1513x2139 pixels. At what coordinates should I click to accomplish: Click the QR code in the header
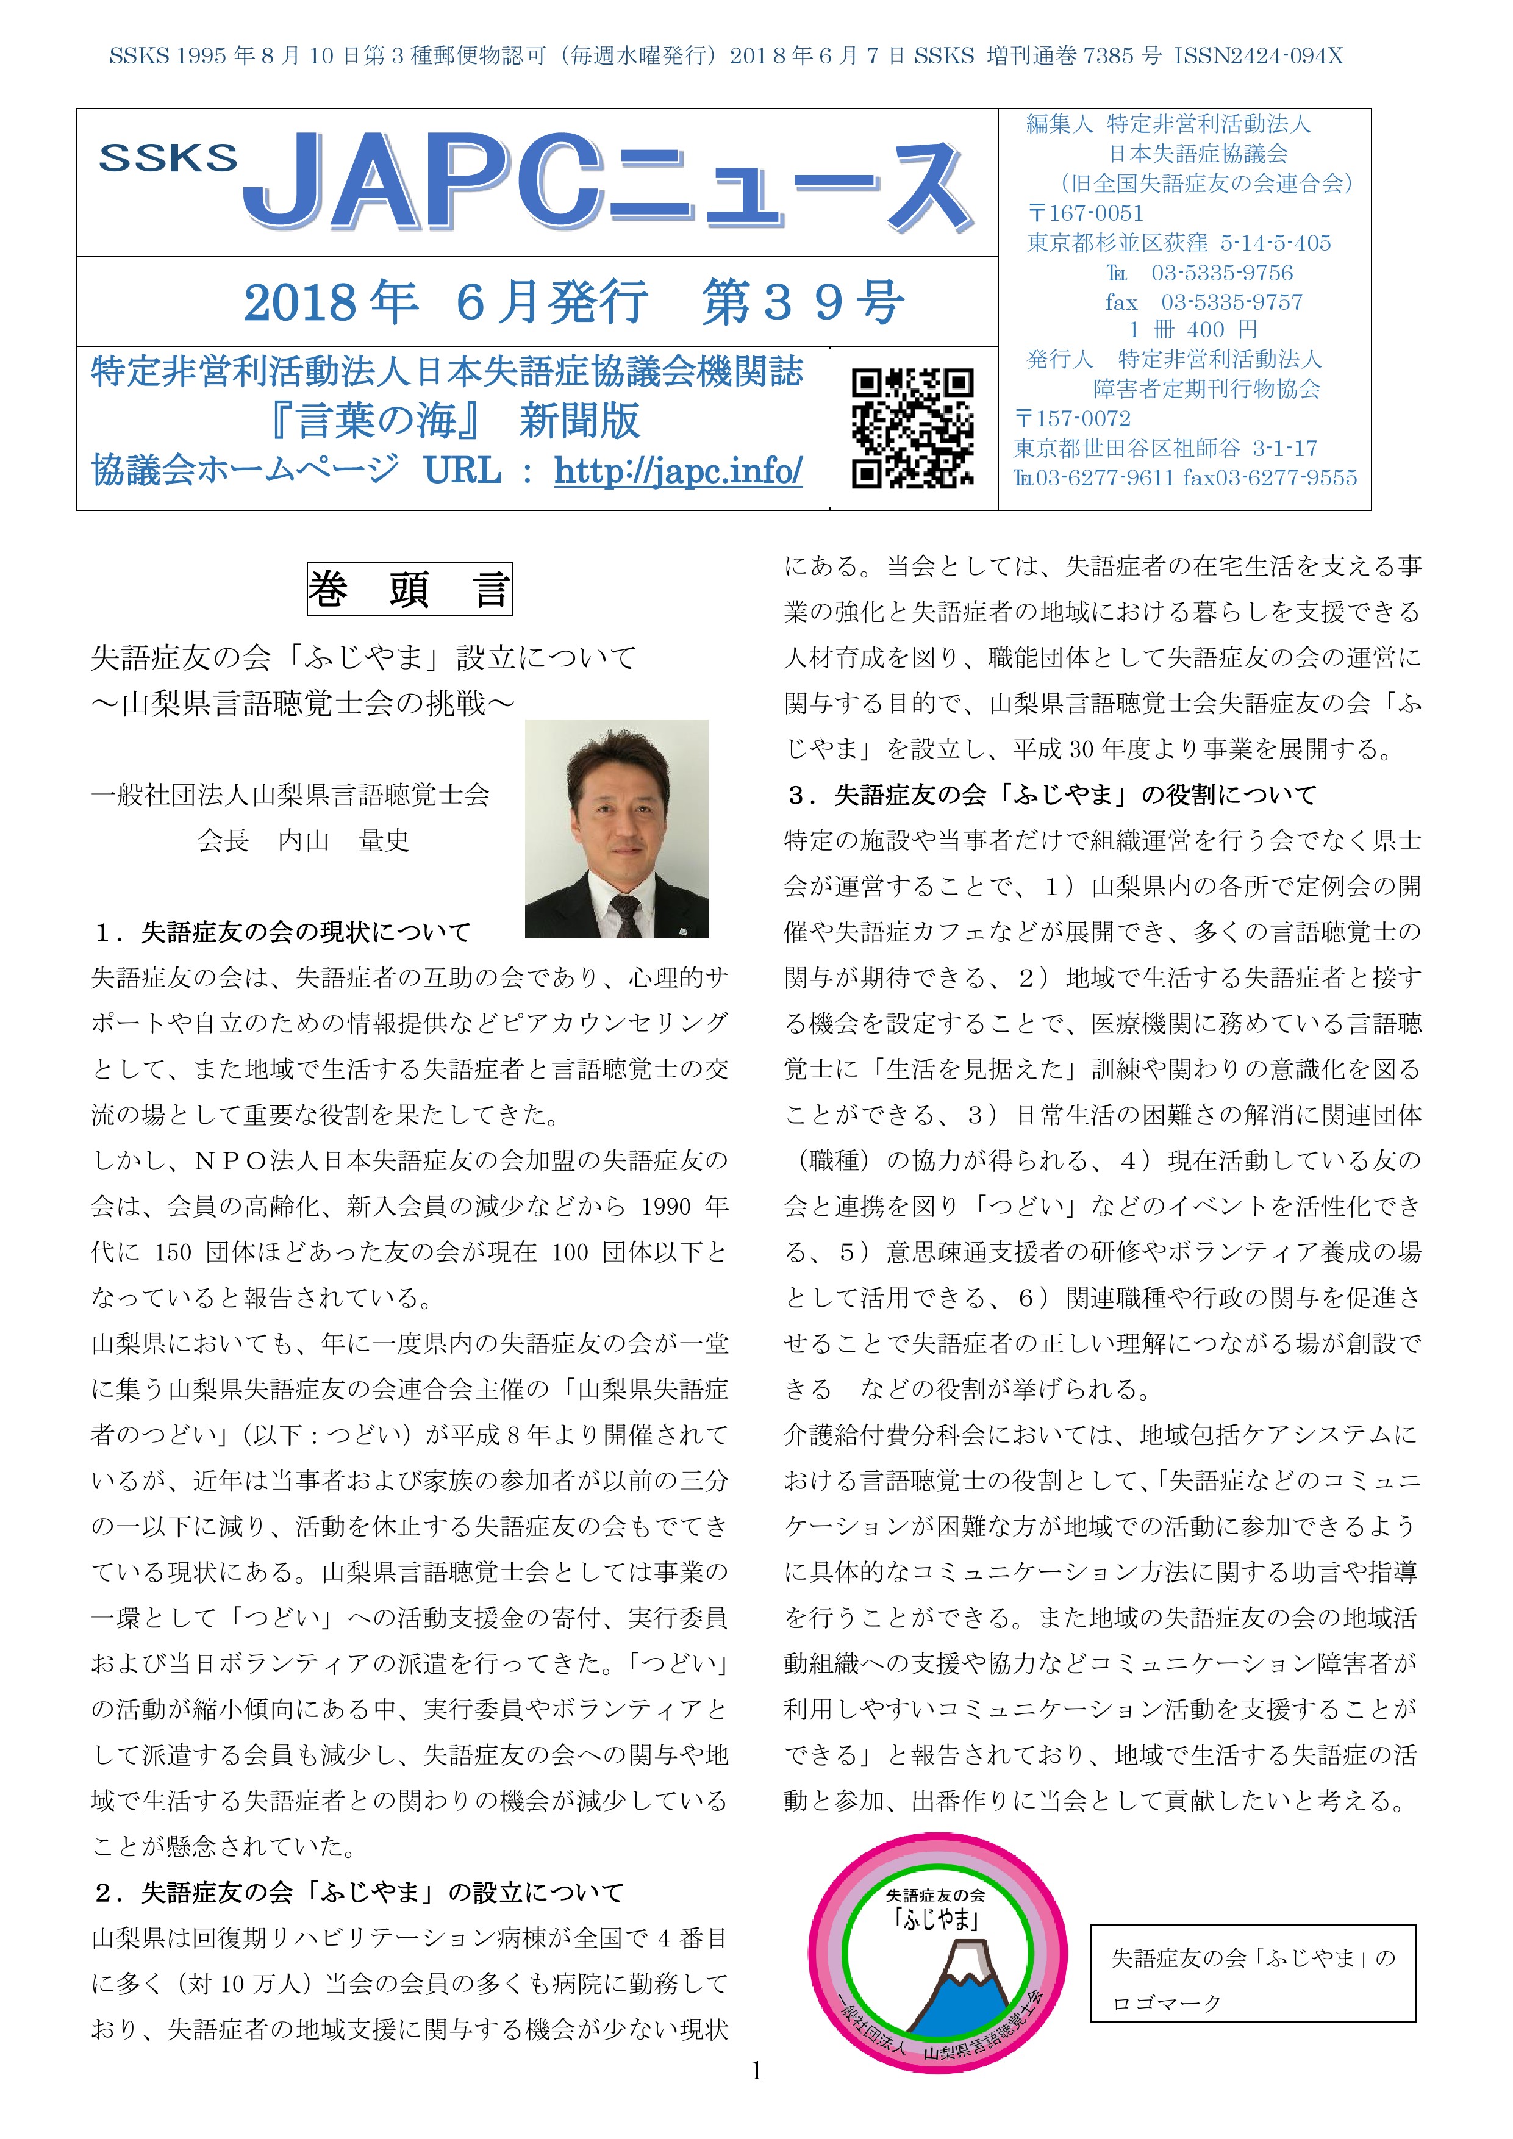point(912,427)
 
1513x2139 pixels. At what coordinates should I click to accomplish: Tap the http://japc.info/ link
point(678,471)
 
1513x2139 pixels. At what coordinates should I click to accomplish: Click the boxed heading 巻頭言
point(409,589)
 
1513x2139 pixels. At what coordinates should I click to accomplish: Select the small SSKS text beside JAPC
point(168,159)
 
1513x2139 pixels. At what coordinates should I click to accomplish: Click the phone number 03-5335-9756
point(1221,273)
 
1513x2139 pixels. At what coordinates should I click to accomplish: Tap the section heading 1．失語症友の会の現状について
point(282,932)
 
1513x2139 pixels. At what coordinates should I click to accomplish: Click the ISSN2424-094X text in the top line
point(1257,56)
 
